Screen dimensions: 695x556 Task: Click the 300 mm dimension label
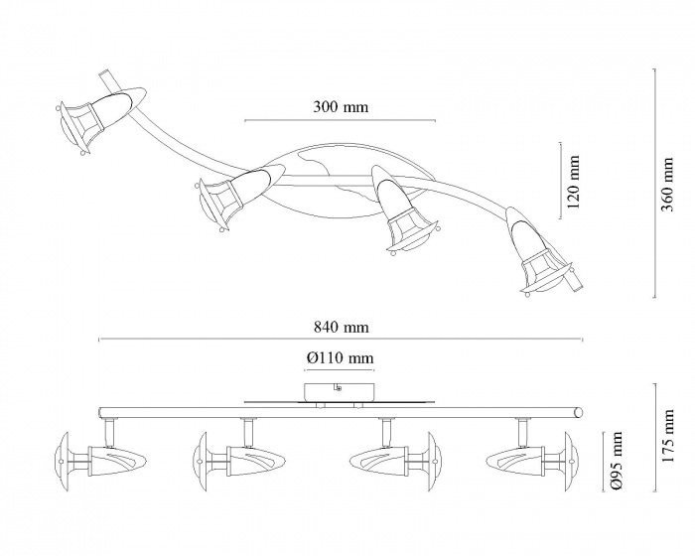[341, 107]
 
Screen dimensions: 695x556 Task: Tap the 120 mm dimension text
[573, 182]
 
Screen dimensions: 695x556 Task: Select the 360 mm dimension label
[667, 185]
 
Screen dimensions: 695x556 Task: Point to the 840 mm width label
[341, 328]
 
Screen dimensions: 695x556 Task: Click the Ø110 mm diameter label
[340, 357]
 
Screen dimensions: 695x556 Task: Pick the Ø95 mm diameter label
[617, 461]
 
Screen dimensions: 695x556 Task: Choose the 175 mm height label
[667, 436]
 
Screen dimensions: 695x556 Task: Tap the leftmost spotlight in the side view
[100, 462]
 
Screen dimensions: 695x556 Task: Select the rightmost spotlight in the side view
[533, 462]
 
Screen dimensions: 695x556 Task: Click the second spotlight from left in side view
[238, 462]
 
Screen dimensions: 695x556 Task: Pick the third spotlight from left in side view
[396, 462]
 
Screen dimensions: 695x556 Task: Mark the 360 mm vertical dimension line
[654, 183]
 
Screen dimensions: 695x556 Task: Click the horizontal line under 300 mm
[340, 120]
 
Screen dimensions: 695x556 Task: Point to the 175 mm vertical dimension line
[654, 438]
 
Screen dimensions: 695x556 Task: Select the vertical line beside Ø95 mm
[603, 461]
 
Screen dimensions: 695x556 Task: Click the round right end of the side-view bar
[578, 412]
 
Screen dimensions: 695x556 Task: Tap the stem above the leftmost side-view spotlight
[109, 432]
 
